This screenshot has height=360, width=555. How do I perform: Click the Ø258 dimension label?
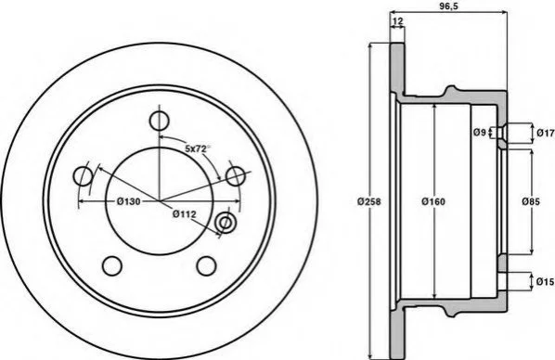click(368, 201)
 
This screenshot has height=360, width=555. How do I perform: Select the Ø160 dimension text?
click(433, 201)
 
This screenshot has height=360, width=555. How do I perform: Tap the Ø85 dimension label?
click(531, 201)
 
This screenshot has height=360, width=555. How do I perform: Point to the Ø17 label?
click(545, 133)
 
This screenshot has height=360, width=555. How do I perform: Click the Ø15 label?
click(545, 282)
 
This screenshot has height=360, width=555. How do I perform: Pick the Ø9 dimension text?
click(479, 133)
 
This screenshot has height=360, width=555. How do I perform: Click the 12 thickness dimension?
click(398, 21)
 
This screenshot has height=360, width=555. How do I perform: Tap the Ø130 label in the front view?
click(128, 201)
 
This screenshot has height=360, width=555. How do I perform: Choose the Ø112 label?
click(184, 213)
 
